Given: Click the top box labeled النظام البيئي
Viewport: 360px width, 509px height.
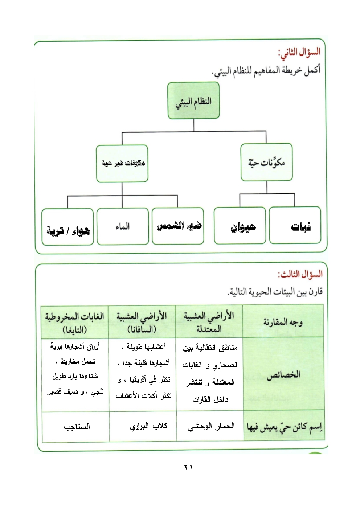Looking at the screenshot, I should click(193, 100).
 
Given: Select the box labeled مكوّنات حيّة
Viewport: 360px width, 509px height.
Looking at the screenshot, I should click(266, 162).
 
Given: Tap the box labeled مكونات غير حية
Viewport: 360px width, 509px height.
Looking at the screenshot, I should click(122, 163).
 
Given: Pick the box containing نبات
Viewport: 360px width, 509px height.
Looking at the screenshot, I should click(295, 225).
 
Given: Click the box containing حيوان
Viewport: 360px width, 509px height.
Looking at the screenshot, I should click(240, 226).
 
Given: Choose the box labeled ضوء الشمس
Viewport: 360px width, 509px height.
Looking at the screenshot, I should click(178, 226).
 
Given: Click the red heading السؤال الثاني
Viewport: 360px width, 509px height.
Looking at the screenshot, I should click(299, 52).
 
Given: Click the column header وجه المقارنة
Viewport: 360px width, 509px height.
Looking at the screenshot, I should click(283, 322).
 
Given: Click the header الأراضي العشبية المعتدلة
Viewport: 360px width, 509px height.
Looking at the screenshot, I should click(209, 322).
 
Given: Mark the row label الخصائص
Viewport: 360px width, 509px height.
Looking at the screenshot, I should click(283, 374).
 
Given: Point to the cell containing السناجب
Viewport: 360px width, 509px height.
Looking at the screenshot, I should click(77, 427).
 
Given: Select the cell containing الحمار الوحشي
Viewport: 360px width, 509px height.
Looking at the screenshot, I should click(211, 426).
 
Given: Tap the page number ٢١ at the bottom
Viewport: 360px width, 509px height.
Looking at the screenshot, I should click(188, 467).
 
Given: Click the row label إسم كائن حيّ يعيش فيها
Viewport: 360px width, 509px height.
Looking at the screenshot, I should click(284, 427).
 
